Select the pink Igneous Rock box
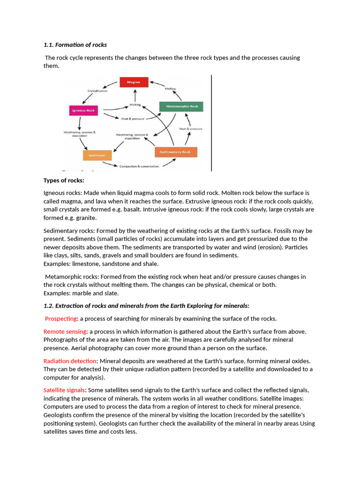click(x=83, y=111)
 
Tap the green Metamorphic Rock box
click(x=181, y=106)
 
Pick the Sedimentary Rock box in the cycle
click(x=176, y=152)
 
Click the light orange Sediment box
click(x=97, y=155)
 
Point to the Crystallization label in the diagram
click(x=97, y=91)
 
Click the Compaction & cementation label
click(x=139, y=166)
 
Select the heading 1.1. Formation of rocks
click(x=75, y=45)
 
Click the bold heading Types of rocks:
click(x=64, y=180)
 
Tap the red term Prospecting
click(x=61, y=318)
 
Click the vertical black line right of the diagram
click(x=211, y=123)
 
